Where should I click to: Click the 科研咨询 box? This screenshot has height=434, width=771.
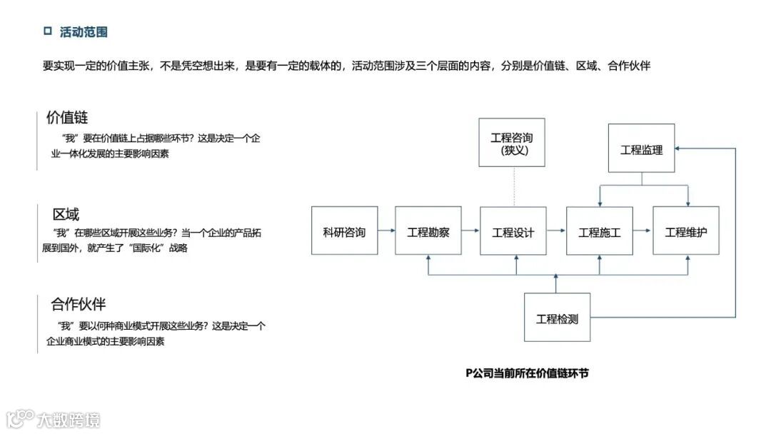pyautogui.click(x=344, y=231)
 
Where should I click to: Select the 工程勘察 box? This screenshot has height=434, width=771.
pyautogui.click(x=428, y=231)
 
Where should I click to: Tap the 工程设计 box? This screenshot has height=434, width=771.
pyautogui.click(x=513, y=231)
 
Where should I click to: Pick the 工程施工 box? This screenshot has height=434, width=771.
pyautogui.click(x=599, y=231)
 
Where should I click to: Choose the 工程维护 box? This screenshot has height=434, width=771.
pyautogui.click(x=685, y=231)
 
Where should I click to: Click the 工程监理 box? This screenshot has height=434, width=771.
pyautogui.click(x=641, y=148)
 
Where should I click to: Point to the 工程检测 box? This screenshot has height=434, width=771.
pyautogui.click(x=557, y=318)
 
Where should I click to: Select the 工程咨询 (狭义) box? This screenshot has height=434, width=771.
pyautogui.click(x=512, y=143)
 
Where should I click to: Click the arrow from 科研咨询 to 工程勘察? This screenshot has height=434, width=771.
pyautogui.click(x=386, y=231)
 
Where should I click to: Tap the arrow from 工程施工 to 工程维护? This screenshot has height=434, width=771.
pyautogui.click(x=642, y=231)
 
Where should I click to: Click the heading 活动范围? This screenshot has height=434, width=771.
pyautogui.click(x=84, y=32)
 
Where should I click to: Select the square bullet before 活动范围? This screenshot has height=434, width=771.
pyautogui.click(x=48, y=31)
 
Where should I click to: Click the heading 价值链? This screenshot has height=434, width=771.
pyautogui.click(x=67, y=118)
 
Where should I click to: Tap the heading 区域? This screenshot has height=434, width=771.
pyautogui.click(x=66, y=214)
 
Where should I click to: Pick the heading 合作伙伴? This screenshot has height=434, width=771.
pyautogui.click(x=79, y=305)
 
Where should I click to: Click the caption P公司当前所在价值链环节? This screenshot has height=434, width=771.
pyautogui.click(x=527, y=373)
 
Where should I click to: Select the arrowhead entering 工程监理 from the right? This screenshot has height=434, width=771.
pyautogui.click(x=679, y=148)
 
